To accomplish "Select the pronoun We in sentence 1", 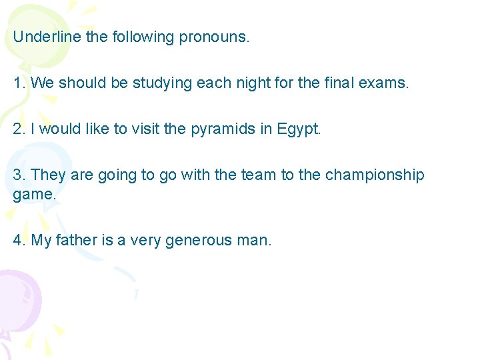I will coord(42,83).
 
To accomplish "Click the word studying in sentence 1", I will coord(163,84).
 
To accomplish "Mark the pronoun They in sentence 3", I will coord(48,175).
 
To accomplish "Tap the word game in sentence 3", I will coord(33,195).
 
